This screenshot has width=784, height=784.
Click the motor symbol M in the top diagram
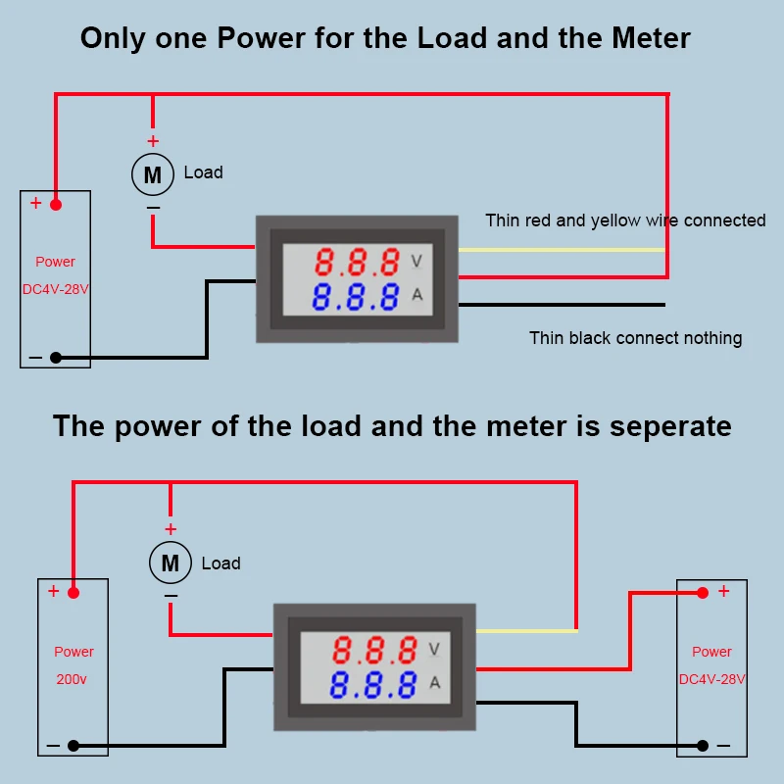tap(152, 174)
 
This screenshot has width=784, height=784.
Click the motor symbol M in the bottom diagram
tap(170, 563)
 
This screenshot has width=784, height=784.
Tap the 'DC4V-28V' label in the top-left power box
tap(55, 289)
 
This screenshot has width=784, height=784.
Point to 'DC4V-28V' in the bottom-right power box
tap(712, 679)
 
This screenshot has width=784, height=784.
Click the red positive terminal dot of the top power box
tap(56, 204)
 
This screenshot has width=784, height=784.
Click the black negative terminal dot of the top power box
tap(56, 358)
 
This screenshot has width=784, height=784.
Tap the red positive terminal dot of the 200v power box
tap(73, 592)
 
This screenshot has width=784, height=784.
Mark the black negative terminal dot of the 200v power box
tap(73, 746)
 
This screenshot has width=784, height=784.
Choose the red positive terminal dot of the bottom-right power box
tap(703, 592)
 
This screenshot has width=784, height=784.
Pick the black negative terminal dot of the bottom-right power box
tap(703, 746)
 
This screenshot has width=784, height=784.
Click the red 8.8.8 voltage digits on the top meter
tap(357, 262)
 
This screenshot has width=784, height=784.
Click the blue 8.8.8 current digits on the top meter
tap(357, 296)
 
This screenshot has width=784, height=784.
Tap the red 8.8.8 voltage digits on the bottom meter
tap(374, 650)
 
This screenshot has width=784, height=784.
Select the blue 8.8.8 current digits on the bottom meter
tap(374, 685)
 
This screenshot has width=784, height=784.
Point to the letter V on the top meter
tap(416, 262)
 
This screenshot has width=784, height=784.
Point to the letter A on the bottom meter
tap(434, 684)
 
